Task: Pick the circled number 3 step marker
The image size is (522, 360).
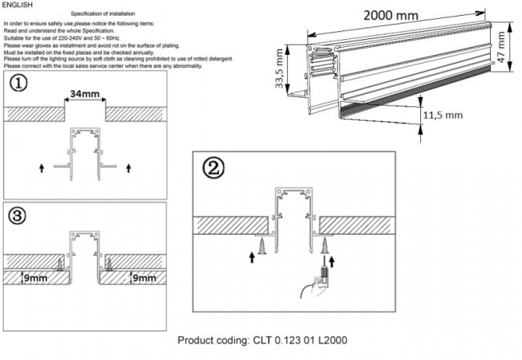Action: tap(15, 213)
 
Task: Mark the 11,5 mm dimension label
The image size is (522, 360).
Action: tap(444, 113)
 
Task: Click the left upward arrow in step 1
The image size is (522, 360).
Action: tap(41, 167)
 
